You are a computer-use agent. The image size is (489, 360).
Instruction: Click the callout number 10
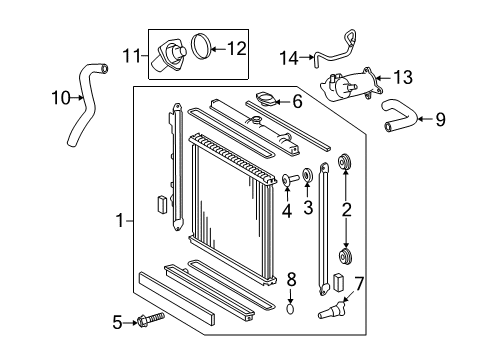tap(61, 98)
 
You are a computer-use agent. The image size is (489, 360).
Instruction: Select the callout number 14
tap(289, 58)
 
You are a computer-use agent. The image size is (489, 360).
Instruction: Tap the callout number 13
tap(403, 77)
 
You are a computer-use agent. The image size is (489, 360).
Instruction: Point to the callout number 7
tap(359, 284)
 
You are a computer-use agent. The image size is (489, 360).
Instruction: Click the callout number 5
tap(117, 322)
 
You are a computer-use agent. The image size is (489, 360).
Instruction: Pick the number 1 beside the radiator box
tap(120, 221)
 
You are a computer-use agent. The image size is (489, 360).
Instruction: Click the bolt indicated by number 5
tap(151, 320)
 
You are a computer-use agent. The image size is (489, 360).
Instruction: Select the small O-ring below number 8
tap(291, 309)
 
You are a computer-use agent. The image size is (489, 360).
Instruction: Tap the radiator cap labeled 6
tap(266, 100)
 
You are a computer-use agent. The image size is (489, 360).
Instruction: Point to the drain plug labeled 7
tap(332, 309)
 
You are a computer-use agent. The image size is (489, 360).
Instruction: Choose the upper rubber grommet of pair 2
tap(346, 162)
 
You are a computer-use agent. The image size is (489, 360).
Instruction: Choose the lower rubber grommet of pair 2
tap(346, 257)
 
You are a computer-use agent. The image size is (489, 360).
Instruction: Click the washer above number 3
tap(307, 175)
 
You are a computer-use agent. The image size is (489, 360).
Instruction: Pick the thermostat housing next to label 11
tap(170, 55)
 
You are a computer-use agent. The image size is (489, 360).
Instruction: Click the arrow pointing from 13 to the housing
tap(383, 78)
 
